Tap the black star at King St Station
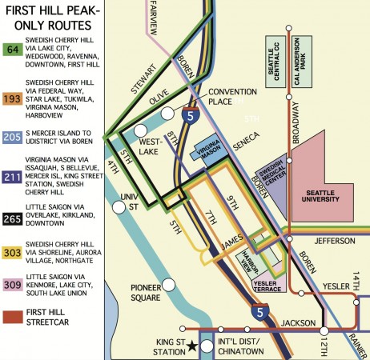(x=191, y=329)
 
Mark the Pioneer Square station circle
(x=169, y=285)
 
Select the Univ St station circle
(x=120, y=207)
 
